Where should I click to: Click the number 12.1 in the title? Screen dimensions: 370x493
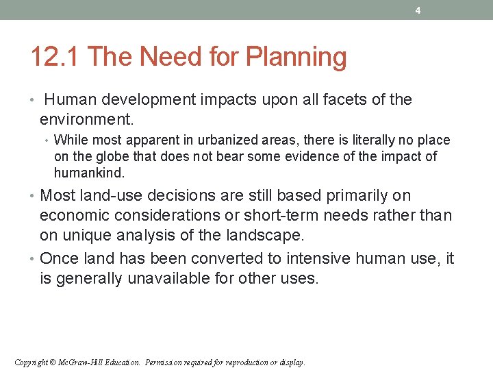point(55,58)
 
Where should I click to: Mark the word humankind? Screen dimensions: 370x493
point(88,173)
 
